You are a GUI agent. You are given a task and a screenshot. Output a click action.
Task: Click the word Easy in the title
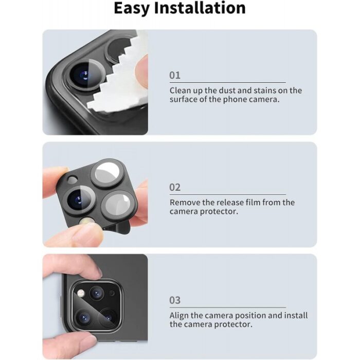point(132,9)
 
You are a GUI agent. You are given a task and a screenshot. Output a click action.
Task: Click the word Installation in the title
point(200,8)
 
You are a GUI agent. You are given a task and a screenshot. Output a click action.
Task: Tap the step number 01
point(175,75)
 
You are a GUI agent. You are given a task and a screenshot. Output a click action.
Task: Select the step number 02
point(175,187)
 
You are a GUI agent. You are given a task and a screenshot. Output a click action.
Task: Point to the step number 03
point(175,300)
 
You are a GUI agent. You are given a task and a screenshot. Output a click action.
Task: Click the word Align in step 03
point(179,316)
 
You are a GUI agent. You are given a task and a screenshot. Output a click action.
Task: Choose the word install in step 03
point(296,315)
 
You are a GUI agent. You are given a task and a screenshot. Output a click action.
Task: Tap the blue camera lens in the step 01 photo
point(84,75)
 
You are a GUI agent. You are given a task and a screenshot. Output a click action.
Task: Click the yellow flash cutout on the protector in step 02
point(86,222)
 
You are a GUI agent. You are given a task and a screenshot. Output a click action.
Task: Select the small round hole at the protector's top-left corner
point(73,179)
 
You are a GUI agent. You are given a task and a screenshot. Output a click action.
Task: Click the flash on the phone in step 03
point(81,293)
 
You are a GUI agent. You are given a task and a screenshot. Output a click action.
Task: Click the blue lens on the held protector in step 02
point(77,200)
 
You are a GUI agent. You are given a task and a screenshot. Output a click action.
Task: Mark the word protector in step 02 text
point(219,211)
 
